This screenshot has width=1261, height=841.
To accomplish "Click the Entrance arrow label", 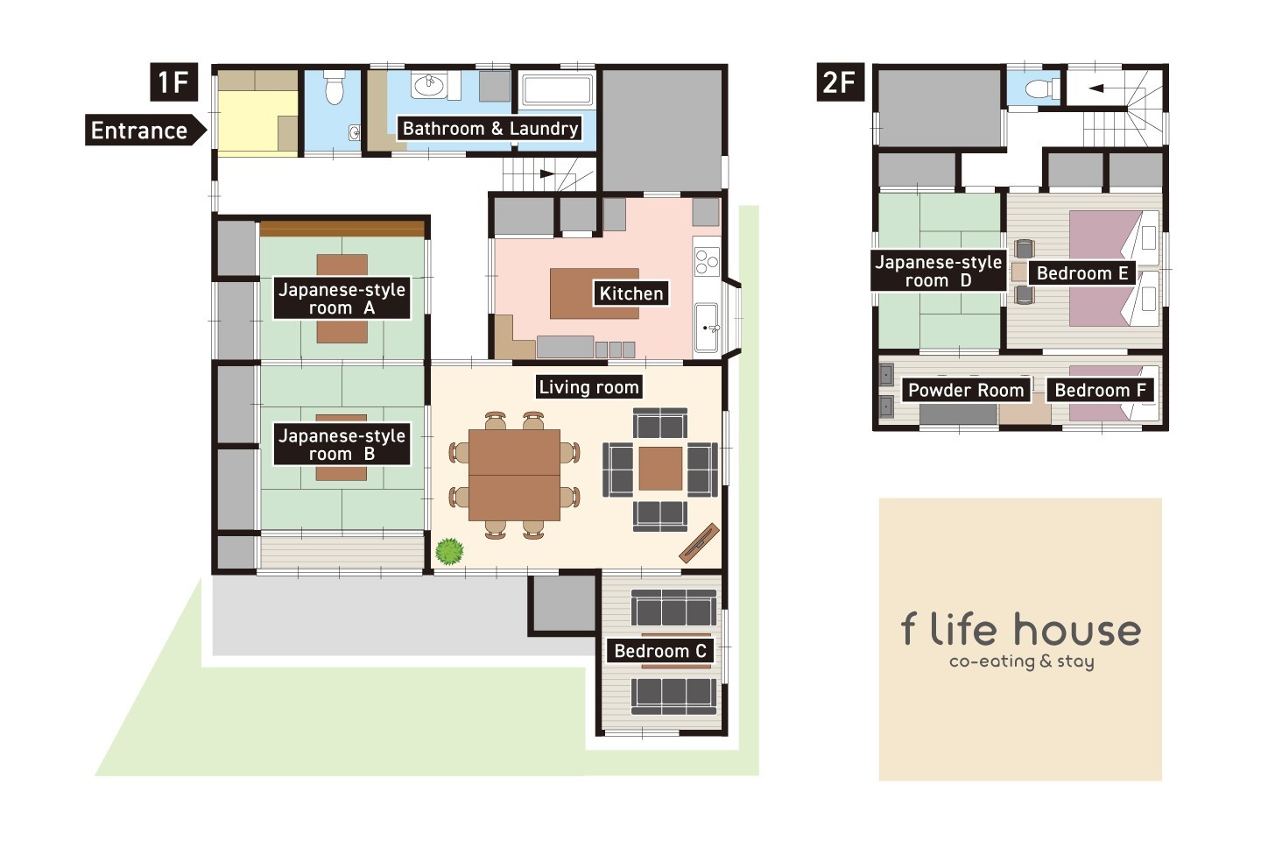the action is pos(145,131).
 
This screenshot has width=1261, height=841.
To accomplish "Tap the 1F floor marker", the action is pos(173,82).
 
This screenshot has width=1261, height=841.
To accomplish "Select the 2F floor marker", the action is pos(840,82).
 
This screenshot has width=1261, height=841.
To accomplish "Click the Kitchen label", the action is pos(631,293).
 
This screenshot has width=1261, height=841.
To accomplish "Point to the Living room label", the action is pos(588,387).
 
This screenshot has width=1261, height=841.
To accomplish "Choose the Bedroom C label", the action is pos(659,651).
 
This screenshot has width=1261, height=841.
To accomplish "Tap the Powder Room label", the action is pos(966,390).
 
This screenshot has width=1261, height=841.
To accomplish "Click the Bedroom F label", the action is pos(1100,390).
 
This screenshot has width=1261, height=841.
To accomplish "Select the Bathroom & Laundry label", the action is pos(490,129).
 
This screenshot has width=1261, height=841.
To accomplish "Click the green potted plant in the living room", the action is pos(449,551).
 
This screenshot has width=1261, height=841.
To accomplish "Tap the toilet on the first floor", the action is pos(334,88).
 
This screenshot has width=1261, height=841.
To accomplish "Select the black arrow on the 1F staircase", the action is pos(547,173).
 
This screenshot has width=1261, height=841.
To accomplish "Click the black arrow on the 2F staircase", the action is pos(1096,88).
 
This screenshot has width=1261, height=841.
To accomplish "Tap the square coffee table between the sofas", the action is pos(660,469).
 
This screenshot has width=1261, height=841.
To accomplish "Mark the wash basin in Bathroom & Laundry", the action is pos(429,86).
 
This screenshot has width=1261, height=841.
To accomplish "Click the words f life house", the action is pos(1021,629).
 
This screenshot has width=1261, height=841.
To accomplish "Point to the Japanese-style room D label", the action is pos(939,271).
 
